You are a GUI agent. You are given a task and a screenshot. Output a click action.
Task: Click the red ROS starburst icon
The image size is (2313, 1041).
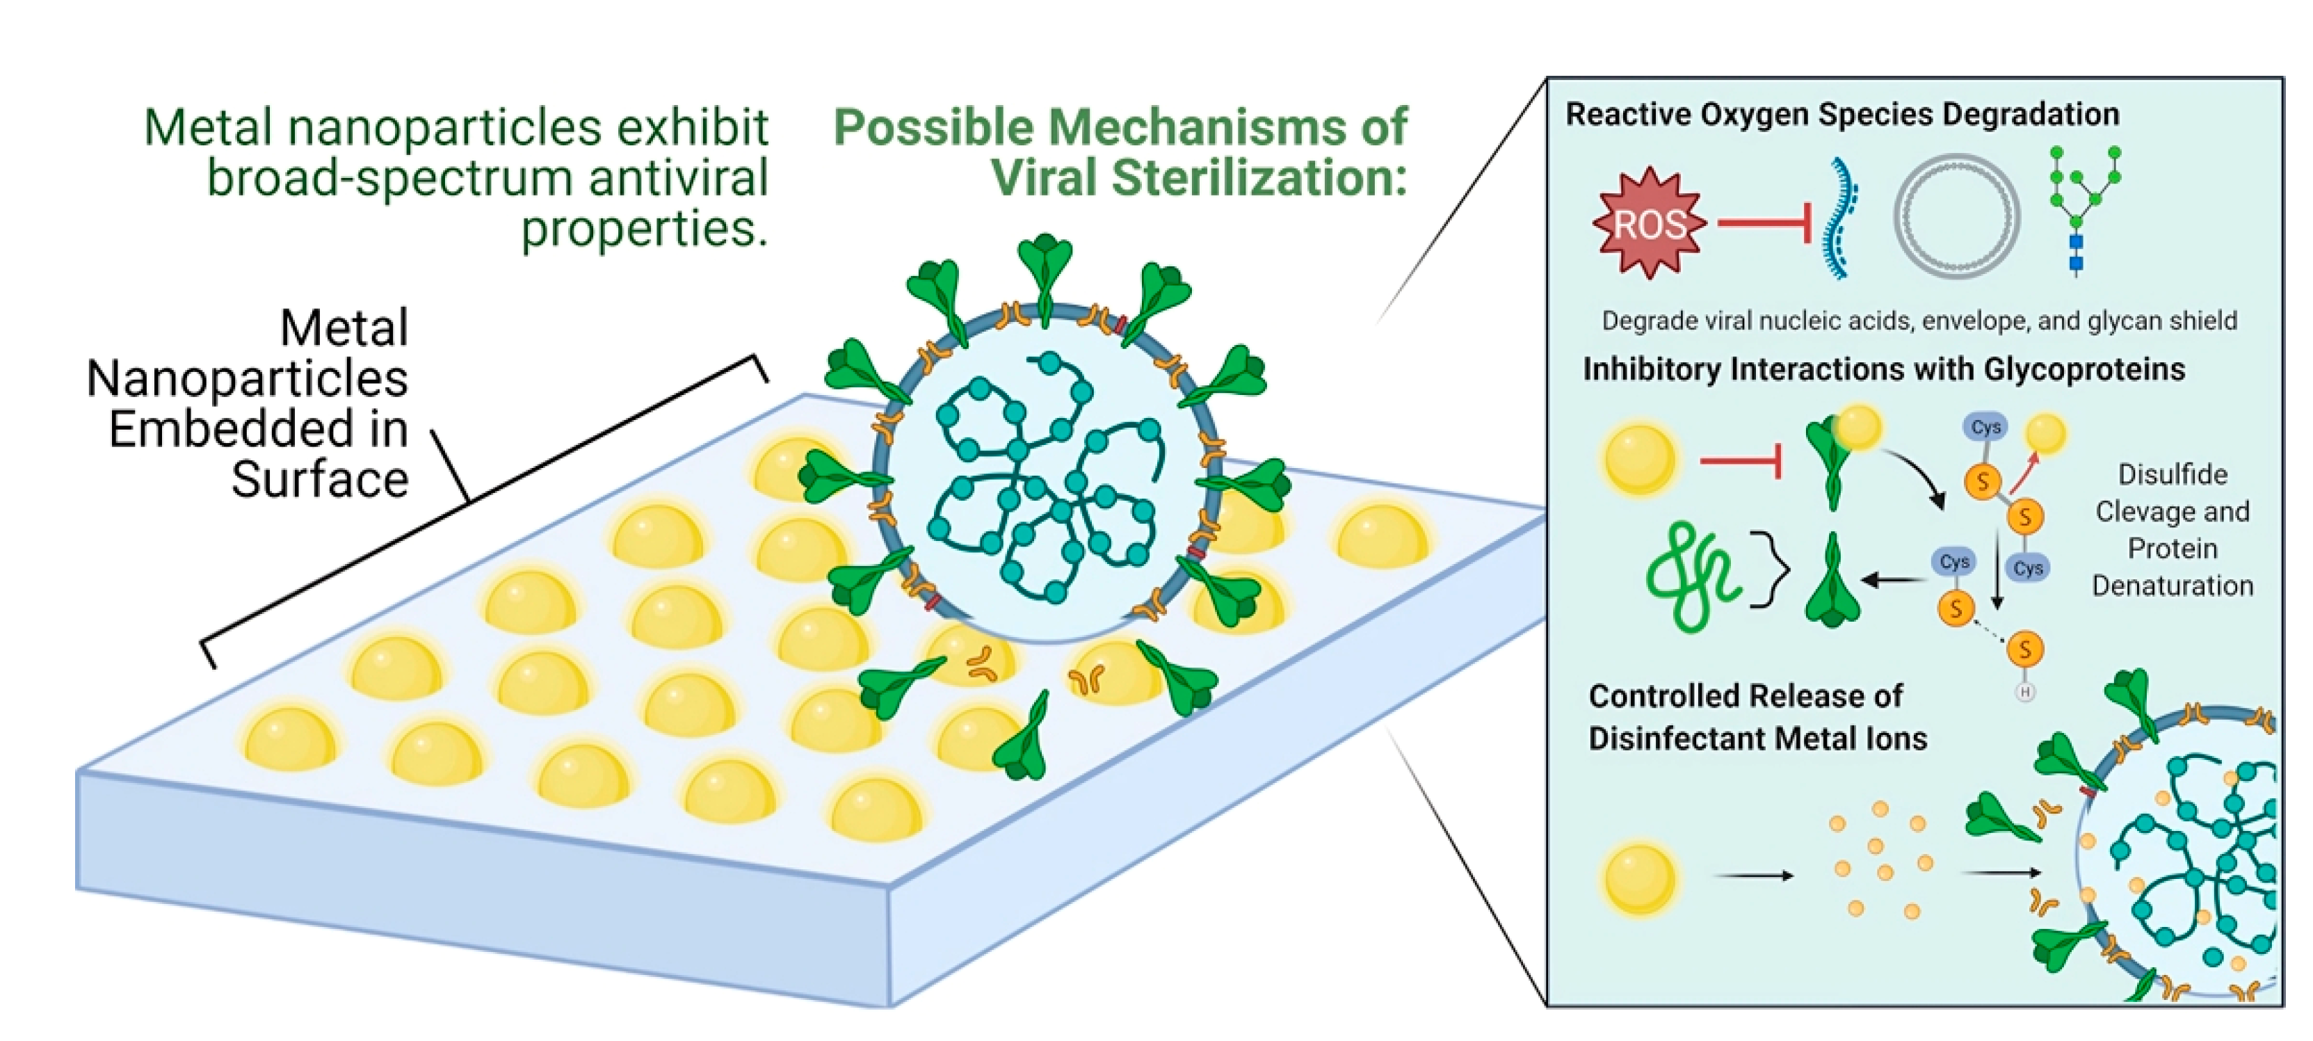pos(1649,223)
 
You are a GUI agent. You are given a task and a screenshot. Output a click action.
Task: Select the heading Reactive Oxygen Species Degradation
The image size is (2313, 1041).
pos(1841,114)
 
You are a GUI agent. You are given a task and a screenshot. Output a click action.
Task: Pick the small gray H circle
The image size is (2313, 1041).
pos(2025,692)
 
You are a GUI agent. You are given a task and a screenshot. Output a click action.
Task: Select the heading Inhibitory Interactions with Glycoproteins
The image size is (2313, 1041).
pos(1883,369)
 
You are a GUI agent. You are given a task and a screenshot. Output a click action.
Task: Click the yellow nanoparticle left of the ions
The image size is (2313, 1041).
pos(1638,878)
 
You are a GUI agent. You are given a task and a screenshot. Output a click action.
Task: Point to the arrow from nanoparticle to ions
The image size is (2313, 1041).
pos(1755,875)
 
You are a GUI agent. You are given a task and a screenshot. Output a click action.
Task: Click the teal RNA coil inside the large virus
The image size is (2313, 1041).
pos(1042,476)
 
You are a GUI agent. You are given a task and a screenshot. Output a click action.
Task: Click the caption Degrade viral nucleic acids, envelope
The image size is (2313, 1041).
pos(1919,321)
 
